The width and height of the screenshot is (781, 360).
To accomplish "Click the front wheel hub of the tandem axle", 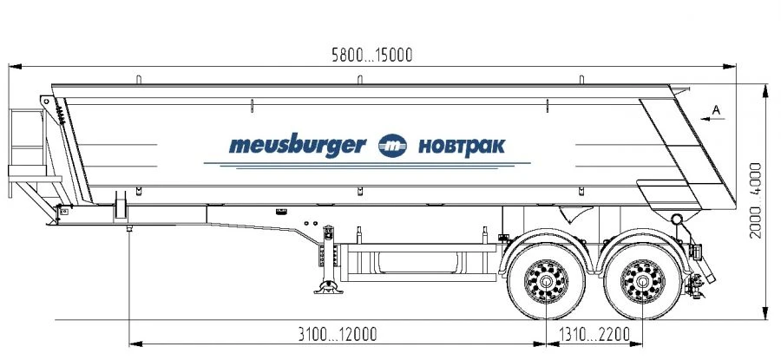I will (x=546, y=283).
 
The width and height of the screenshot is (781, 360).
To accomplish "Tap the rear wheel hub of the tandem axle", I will (x=643, y=283).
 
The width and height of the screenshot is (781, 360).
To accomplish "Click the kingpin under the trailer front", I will (x=128, y=228).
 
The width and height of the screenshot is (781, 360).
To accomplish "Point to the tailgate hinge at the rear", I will (x=676, y=218).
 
